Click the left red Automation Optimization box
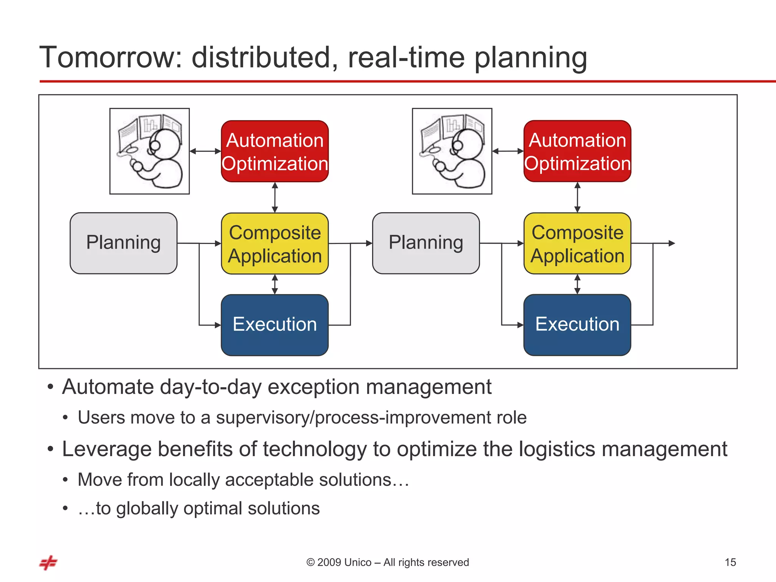pos(275,151)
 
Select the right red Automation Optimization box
pos(577,151)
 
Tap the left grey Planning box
pos(124,243)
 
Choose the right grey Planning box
pos(426,243)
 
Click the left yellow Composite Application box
pos(275,243)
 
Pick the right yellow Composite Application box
pos(577,243)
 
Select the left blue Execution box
pos(275,325)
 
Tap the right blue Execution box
pos(577,325)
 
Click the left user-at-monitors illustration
pos(150,151)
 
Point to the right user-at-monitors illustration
pos(452,151)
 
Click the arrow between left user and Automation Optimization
pos(205,151)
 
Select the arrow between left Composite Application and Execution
pos(275,284)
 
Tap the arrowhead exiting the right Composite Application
pos(671,243)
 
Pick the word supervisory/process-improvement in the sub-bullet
pos(380,418)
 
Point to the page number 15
pos(730,562)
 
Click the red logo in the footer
pos(48,563)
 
